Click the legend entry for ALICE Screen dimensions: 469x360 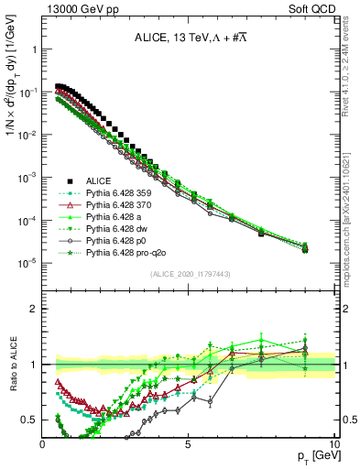[97, 181]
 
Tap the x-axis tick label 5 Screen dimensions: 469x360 [188, 442]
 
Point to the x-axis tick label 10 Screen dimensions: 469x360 [333, 442]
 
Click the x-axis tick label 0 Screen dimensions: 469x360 [43, 442]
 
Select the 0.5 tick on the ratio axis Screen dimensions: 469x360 [31, 420]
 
